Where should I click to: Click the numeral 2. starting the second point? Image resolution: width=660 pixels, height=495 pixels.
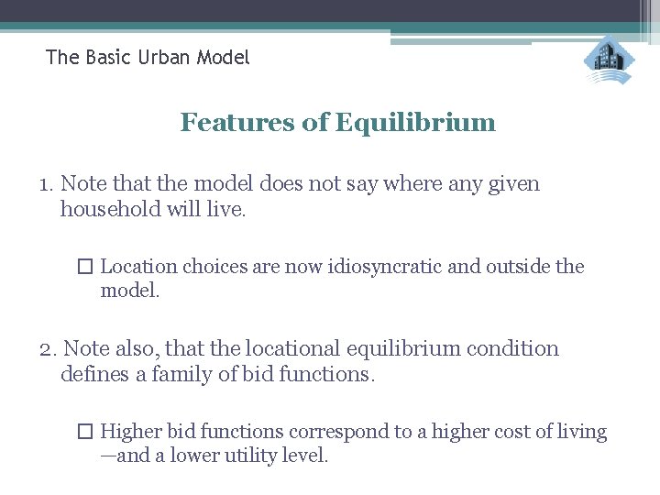click(48, 349)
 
